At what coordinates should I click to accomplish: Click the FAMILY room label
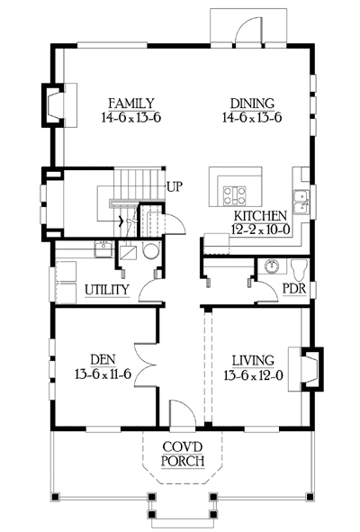[131, 104]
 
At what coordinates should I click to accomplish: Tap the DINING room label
[252, 104]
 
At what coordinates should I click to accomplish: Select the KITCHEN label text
[260, 216]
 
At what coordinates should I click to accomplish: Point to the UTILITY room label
[107, 290]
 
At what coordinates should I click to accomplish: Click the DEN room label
[103, 359]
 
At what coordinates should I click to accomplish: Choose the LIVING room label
[253, 360]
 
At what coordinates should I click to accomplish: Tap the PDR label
[294, 289]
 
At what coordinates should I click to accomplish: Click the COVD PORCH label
[183, 454]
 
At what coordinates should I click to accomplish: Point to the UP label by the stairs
[175, 186]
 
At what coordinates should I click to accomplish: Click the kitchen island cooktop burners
[234, 196]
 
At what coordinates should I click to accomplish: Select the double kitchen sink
[301, 203]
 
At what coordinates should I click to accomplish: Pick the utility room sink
[103, 249]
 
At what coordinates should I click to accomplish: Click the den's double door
[145, 365]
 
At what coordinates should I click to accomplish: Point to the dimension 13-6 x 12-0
[254, 375]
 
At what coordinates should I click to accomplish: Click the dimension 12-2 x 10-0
[261, 230]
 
